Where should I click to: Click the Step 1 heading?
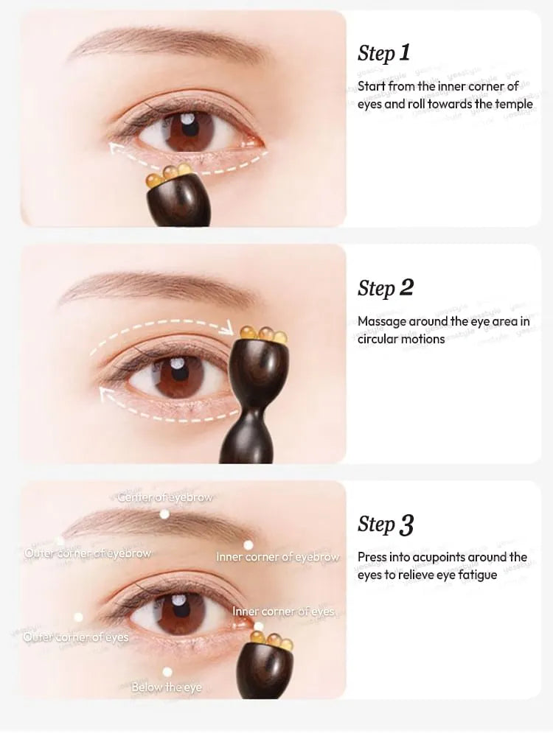click(384, 52)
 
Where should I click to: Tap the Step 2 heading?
click(386, 288)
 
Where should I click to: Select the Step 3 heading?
click(386, 525)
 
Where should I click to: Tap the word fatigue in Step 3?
click(478, 575)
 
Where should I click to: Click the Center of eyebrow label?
click(165, 497)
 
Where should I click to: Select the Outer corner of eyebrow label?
click(88, 554)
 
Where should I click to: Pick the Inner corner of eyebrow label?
click(278, 557)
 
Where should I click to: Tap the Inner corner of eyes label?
click(283, 611)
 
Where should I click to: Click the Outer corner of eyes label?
click(76, 637)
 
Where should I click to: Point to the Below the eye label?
click(167, 687)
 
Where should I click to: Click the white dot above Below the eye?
click(167, 673)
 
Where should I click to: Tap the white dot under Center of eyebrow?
click(164, 514)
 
